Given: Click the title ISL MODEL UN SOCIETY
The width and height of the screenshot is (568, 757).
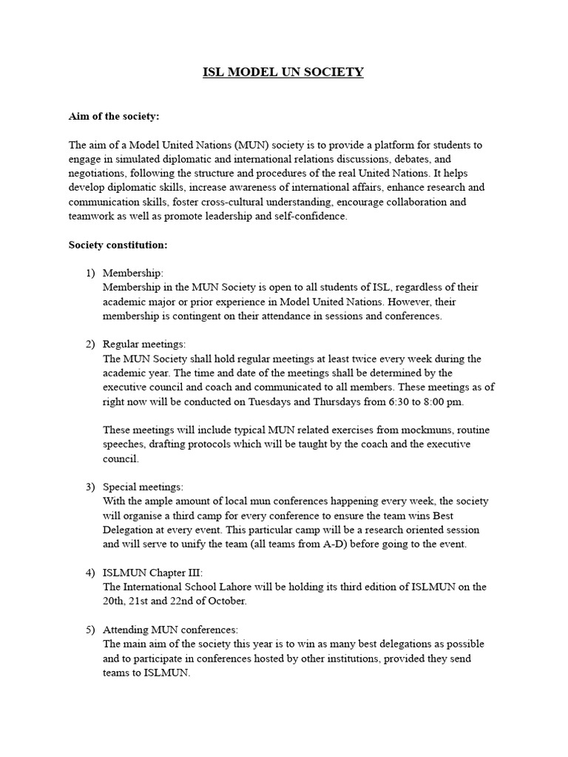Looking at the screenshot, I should (283, 72).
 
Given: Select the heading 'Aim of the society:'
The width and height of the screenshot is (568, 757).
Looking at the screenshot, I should (114, 117).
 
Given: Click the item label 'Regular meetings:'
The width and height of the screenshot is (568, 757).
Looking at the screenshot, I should (144, 344).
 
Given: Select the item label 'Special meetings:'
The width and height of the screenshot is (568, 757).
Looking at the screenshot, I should (143, 487).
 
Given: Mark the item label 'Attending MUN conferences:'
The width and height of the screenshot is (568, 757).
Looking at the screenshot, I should (170, 629).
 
